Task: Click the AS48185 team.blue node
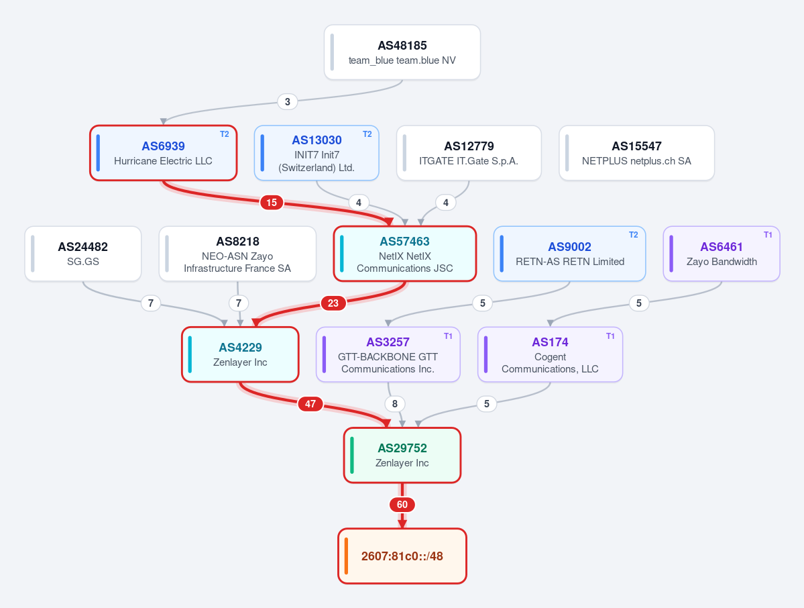click(402, 52)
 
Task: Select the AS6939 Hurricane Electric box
click(163, 153)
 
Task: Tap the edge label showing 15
click(272, 202)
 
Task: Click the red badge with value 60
click(402, 505)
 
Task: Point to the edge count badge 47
click(310, 404)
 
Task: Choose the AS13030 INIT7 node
click(317, 153)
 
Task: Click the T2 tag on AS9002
click(633, 234)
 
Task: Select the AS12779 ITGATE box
click(469, 153)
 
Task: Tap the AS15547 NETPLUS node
click(636, 153)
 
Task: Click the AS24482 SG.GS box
click(83, 254)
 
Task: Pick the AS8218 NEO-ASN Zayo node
click(237, 254)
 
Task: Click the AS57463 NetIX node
click(404, 254)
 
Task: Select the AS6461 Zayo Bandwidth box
click(722, 254)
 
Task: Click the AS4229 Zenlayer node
click(240, 354)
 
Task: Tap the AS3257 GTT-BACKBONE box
click(388, 354)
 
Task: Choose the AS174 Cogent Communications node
click(550, 354)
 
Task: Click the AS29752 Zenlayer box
click(402, 455)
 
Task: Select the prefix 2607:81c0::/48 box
click(402, 556)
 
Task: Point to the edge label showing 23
click(333, 303)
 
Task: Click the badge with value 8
click(395, 404)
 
